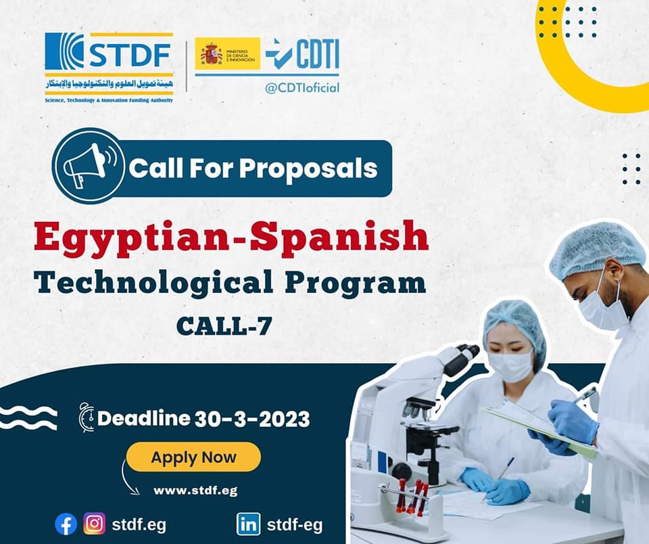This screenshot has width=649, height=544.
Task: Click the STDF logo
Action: [x=109, y=68]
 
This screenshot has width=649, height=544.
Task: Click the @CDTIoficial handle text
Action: [x=302, y=87]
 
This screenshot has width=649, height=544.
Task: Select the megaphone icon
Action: [x=88, y=166]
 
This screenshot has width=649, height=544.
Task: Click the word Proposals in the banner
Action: [x=308, y=168]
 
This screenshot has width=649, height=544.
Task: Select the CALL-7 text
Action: [x=224, y=327]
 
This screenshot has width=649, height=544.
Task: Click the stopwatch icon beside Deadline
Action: [x=86, y=417]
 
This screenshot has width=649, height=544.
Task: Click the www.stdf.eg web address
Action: [x=195, y=491]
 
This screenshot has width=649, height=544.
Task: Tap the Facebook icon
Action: [x=66, y=524]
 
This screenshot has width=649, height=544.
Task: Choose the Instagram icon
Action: [x=95, y=524]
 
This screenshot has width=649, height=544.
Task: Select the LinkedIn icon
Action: [x=248, y=524]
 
